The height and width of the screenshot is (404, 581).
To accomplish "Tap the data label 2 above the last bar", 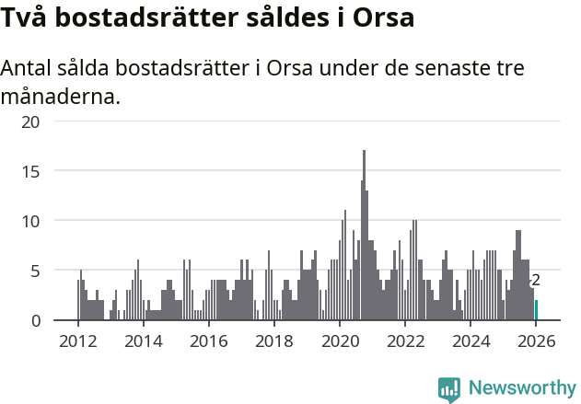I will pos(536,281).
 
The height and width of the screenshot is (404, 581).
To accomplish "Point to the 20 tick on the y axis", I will pos(30,121).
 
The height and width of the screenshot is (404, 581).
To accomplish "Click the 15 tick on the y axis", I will pos(30,171).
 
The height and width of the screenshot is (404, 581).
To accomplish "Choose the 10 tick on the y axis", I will pos(30,221).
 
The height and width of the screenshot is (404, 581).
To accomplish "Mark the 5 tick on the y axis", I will pos(35,271).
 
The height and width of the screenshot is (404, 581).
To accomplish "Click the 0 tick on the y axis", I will pos(35,320).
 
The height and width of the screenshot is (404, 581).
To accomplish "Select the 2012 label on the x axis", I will pos(77,341).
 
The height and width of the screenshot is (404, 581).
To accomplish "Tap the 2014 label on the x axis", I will pos(143,341).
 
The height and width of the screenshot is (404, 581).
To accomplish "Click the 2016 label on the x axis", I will pos(208,341).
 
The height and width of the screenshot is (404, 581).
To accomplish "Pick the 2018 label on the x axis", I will pos(273,341).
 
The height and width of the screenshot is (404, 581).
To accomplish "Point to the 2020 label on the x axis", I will pos(339,341).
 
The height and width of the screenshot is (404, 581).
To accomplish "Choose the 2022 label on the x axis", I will pos(404,341).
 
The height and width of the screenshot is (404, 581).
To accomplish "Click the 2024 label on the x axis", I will pos(471,341).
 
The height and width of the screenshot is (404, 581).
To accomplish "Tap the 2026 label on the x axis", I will pos(536,341).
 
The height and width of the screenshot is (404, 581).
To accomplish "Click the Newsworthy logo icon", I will pos(449,388).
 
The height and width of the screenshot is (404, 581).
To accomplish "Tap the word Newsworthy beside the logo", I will pos(522,388).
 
